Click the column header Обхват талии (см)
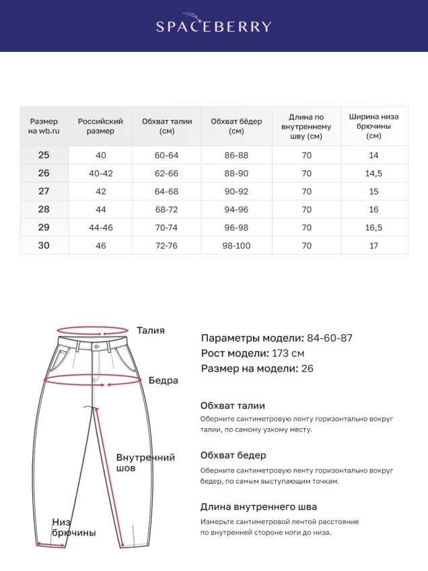[167, 126]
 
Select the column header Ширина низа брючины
[374, 126]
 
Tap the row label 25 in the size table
[44, 155]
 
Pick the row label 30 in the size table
[44, 245]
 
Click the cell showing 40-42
[101, 173]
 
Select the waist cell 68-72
[167, 209]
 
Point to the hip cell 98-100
[236, 246]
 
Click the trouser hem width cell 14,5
[374, 173]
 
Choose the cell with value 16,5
[374, 228]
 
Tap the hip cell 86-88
[236, 155]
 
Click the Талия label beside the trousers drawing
[151, 331]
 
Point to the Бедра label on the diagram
[164, 380]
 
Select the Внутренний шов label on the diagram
[145, 463]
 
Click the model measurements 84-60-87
[330, 338]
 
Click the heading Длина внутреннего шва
[258, 507]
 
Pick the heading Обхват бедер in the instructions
[233, 456]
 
